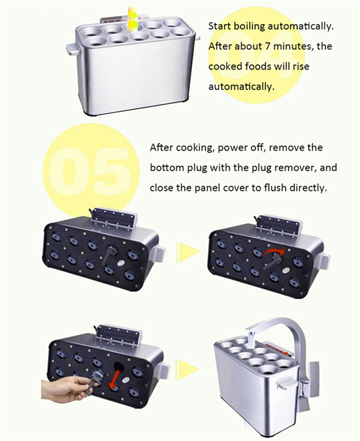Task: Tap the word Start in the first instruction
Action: [x=220, y=27]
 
